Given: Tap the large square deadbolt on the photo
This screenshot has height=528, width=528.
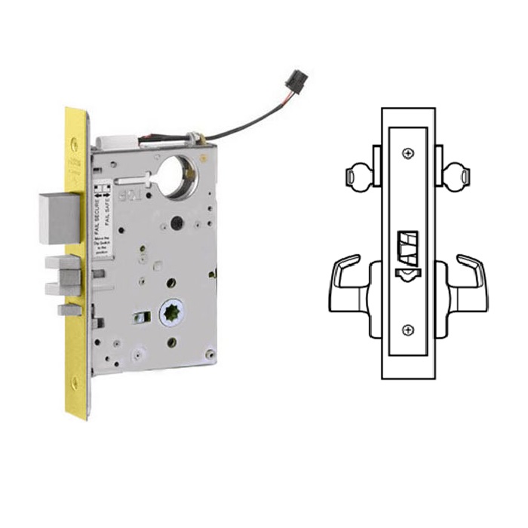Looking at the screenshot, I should pos(59,216).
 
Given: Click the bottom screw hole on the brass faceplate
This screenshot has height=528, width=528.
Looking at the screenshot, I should pos(74,383).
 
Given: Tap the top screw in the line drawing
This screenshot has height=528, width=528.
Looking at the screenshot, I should pos(408,154).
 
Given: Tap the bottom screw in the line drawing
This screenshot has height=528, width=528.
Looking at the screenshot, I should pos(408,330).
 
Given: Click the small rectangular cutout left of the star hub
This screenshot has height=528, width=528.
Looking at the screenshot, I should pos(138,318).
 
